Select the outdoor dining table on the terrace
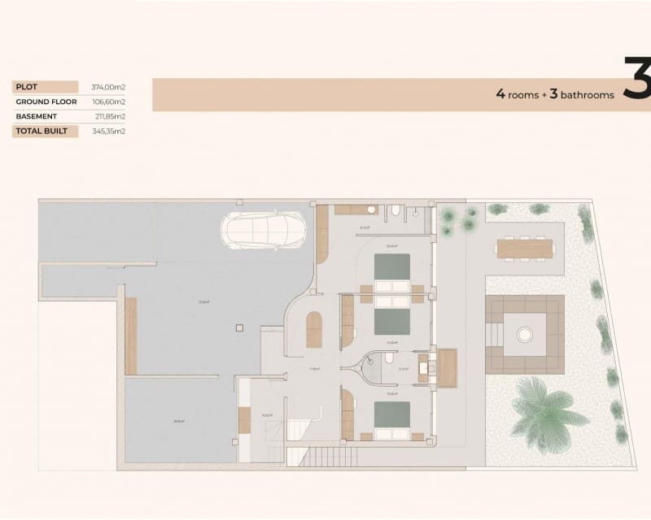pyautogui.click(x=525, y=248)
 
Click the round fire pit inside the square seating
pyautogui.click(x=525, y=331)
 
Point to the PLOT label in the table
pyautogui.click(x=27, y=87)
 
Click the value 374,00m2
pyautogui.click(x=109, y=87)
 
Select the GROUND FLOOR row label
pyautogui.click(x=46, y=102)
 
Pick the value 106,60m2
pyautogui.click(x=109, y=102)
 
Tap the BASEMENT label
pyautogui.click(x=36, y=116)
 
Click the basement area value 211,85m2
pyautogui.click(x=109, y=116)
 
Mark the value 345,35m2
pyautogui.click(x=109, y=131)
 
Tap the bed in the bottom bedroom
pyautogui.click(x=391, y=419)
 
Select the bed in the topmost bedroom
pyautogui.click(x=391, y=271)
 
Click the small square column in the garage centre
pyautogui.click(x=238, y=328)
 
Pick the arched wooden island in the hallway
pyautogui.click(x=313, y=331)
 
